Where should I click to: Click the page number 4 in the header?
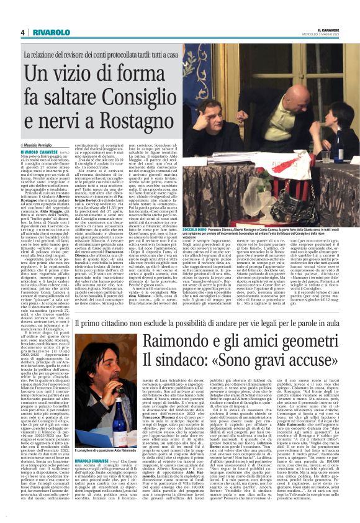(x=22, y=32)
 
